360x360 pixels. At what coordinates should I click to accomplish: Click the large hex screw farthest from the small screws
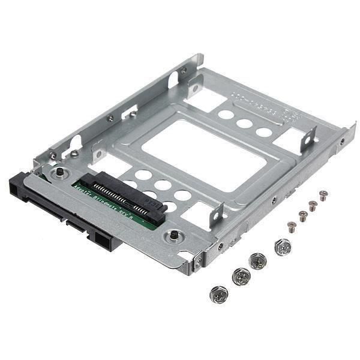coord(218,294)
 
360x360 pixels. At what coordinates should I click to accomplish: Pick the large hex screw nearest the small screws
coord(282,247)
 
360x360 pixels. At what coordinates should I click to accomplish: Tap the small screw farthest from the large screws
coord(323,195)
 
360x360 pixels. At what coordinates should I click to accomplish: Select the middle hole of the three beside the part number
coord(244,124)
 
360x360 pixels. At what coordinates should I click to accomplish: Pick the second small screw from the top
coord(313,205)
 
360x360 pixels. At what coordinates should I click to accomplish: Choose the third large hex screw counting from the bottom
coord(258,260)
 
